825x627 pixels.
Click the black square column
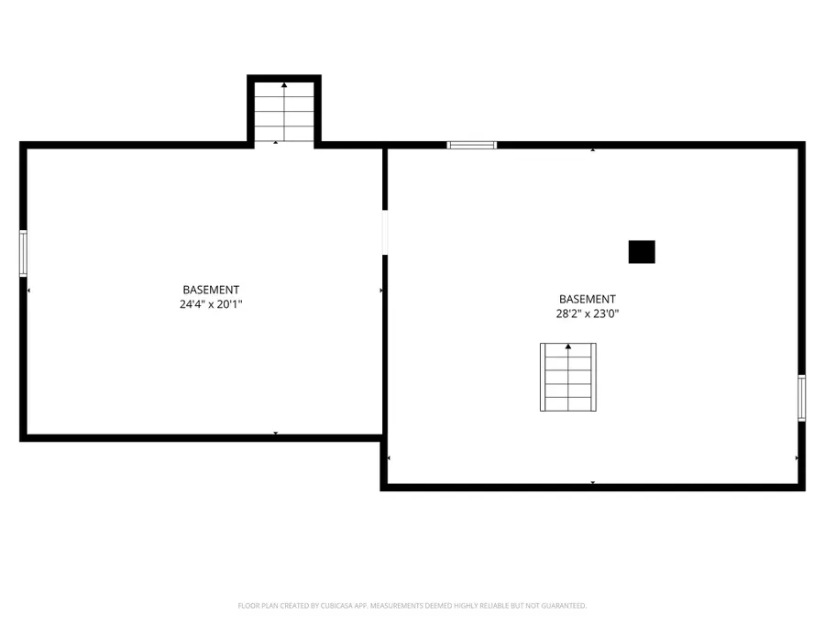pos(642,252)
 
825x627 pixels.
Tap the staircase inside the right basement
pos(568,377)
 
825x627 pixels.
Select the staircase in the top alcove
pos(284,112)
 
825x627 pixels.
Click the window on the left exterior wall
pos(23,253)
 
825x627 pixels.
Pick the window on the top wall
pos(472,145)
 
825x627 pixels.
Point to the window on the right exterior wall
pos(801,398)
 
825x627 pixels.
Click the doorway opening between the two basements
pos(385,233)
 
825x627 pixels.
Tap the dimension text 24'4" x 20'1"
pos(211,304)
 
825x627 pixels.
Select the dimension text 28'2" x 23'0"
pos(588,313)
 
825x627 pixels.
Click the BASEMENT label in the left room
pos(211,290)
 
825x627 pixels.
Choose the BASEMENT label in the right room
pos(588,299)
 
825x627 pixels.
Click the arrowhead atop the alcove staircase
pos(284,84)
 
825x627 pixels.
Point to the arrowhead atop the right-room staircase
pos(568,346)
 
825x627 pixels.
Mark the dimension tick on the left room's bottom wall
pos(275,433)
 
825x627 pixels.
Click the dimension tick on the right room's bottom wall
pos(593,482)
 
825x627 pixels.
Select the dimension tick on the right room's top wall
pos(593,150)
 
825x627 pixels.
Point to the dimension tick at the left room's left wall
pos(28,291)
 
